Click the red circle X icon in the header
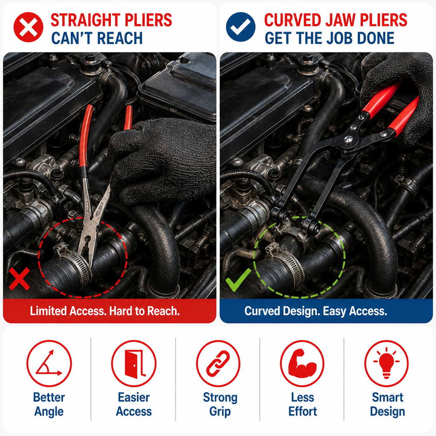[x=29, y=27]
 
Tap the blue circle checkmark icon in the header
[x=241, y=27]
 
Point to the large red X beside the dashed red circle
[x=19, y=278]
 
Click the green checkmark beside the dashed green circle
[x=238, y=279]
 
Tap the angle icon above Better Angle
[x=49, y=364]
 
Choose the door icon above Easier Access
[x=134, y=364]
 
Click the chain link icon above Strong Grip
[x=218, y=364]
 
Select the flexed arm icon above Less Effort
[x=302, y=364]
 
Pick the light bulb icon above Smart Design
[x=387, y=364]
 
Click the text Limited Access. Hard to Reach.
[x=105, y=311]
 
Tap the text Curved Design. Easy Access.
[x=316, y=311]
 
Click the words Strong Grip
[x=220, y=404]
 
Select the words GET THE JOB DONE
[x=330, y=38]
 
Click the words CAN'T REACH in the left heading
[x=97, y=38]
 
